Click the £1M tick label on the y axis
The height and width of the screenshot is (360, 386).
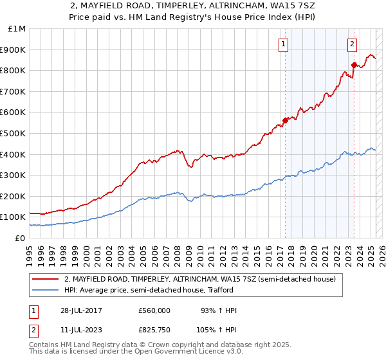tap(17, 28)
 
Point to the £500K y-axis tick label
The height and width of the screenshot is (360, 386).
tap(14, 133)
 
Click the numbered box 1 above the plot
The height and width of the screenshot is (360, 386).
tap(284, 44)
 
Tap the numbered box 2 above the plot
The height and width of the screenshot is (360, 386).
tap(353, 44)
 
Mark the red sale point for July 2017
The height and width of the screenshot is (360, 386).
tap(285, 120)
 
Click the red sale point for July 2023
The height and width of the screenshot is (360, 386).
tap(354, 64)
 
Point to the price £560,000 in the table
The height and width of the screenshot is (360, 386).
tap(154, 310)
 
